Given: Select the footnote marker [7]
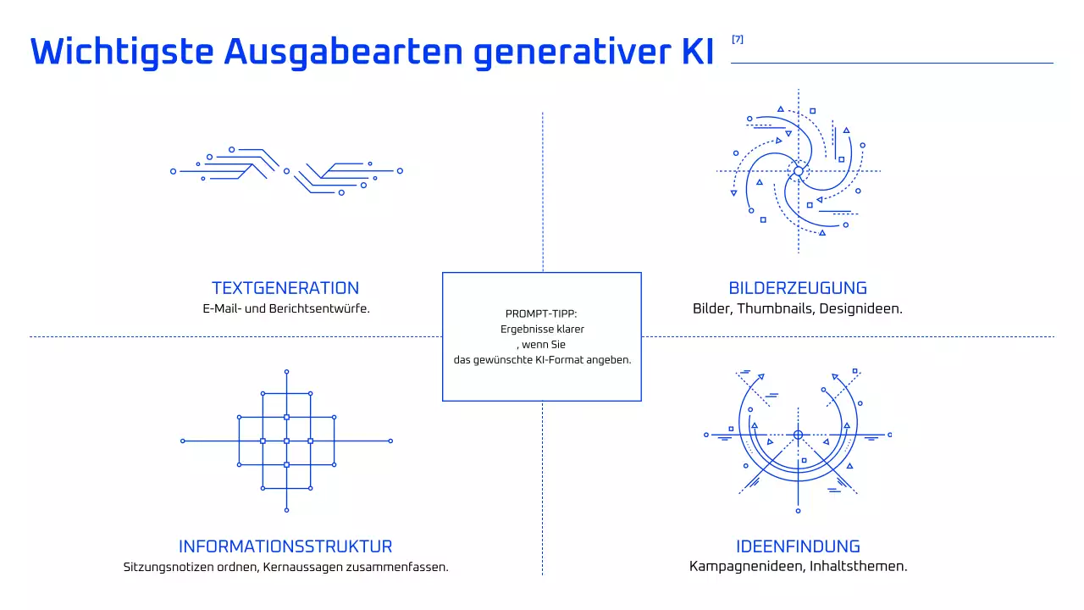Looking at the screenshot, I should (x=738, y=39).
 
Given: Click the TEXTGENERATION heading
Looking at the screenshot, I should (x=285, y=288).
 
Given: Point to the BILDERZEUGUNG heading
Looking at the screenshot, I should (x=798, y=288).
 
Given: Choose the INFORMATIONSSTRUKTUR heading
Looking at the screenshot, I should (x=285, y=546).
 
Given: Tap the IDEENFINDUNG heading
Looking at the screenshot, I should (x=798, y=546).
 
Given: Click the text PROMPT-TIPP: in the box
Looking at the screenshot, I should (x=541, y=313).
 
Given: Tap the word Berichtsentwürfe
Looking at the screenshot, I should (x=319, y=308).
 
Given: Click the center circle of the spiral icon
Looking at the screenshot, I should (x=798, y=171).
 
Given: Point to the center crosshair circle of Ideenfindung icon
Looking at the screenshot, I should (x=798, y=435).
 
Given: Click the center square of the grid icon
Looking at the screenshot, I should (x=286, y=441).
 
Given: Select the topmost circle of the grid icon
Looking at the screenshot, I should (x=286, y=372).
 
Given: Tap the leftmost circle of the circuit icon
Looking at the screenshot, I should (x=174, y=171).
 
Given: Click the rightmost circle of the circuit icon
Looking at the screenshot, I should (x=400, y=171).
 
